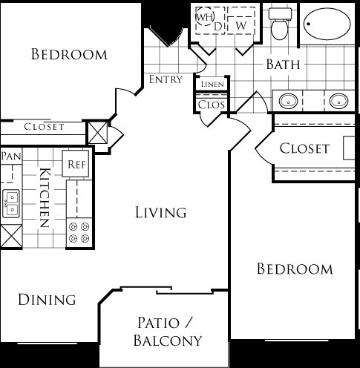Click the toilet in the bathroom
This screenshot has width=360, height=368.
point(280,24)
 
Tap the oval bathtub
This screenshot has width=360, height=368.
point(327,24)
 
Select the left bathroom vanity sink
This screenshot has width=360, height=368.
point(288,101)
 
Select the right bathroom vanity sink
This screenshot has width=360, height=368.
point(338,101)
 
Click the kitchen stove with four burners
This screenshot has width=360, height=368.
point(79,232)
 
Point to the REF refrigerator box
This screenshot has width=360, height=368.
point(76,163)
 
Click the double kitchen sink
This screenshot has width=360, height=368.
point(11,204)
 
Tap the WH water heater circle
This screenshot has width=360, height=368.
point(205,17)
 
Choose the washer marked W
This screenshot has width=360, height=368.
point(241,21)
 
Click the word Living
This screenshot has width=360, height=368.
point(161,212)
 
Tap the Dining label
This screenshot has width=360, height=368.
point(47,300)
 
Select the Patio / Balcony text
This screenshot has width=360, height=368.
point(168,332)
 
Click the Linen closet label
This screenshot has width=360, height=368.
point(212,84)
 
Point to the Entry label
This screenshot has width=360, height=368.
point(166,79)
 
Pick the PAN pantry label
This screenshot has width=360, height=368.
point(11,156)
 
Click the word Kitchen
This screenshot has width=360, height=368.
point(45,197)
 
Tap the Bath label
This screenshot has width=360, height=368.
point(283,65)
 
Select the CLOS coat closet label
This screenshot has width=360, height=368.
point(212,105)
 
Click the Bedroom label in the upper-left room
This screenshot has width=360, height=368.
point(69,54)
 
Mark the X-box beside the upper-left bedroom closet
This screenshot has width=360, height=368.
point(98,133)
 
